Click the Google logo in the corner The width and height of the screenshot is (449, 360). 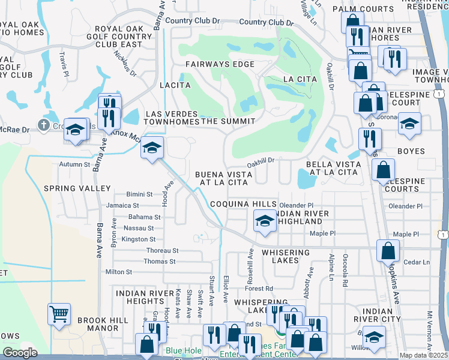(20, 353)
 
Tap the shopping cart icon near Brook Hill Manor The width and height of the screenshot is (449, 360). (59, 314)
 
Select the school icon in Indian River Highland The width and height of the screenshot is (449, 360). (264, 221)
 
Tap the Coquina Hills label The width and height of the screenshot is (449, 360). (238, 204)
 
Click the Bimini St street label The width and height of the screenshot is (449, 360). (141, 194)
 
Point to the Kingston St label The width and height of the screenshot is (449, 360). (139, 239)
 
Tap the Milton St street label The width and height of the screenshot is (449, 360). (118, 272)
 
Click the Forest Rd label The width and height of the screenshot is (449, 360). (259, 288)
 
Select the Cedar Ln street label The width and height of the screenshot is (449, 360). (417, 262)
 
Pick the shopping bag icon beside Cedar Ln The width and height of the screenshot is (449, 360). (388, 250)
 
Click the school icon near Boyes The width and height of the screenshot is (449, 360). (409, 124)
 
